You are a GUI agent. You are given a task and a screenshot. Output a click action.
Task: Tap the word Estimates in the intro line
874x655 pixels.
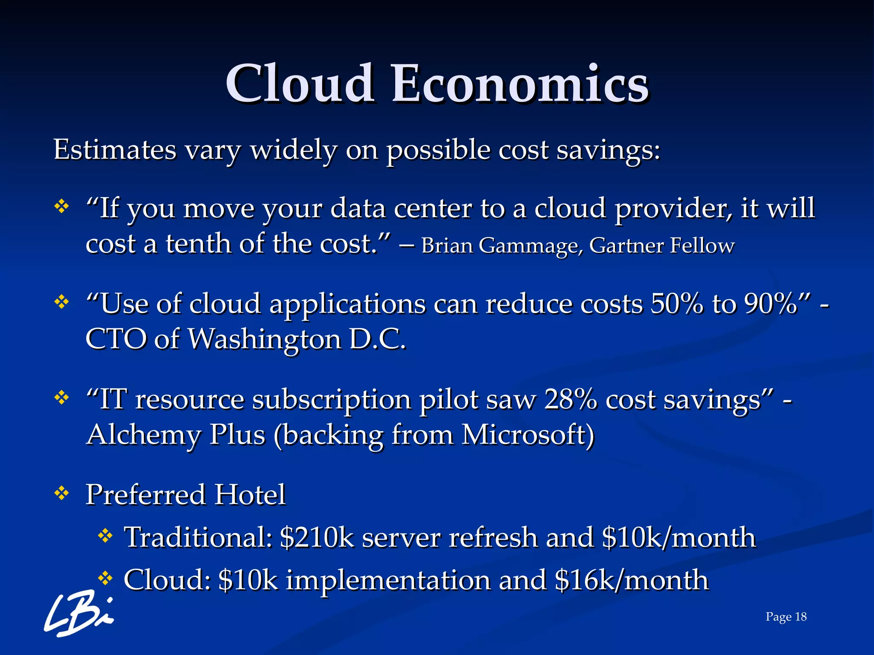tap(115, 150)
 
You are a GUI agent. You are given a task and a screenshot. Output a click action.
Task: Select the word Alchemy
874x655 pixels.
tap(143, 435)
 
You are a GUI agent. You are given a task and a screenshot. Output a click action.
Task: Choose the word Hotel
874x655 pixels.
tap(250, 495)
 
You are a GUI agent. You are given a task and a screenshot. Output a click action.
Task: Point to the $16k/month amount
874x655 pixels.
tap(632, 580)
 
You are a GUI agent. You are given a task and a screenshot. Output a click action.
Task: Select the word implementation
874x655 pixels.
tap(388, 580)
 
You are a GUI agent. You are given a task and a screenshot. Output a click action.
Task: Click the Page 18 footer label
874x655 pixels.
tap(786, 617)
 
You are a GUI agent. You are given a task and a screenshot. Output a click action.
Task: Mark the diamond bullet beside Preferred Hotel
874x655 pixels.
tap(62, 494)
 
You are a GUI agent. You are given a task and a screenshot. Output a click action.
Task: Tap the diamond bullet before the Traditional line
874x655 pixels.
tap(105, 536)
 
